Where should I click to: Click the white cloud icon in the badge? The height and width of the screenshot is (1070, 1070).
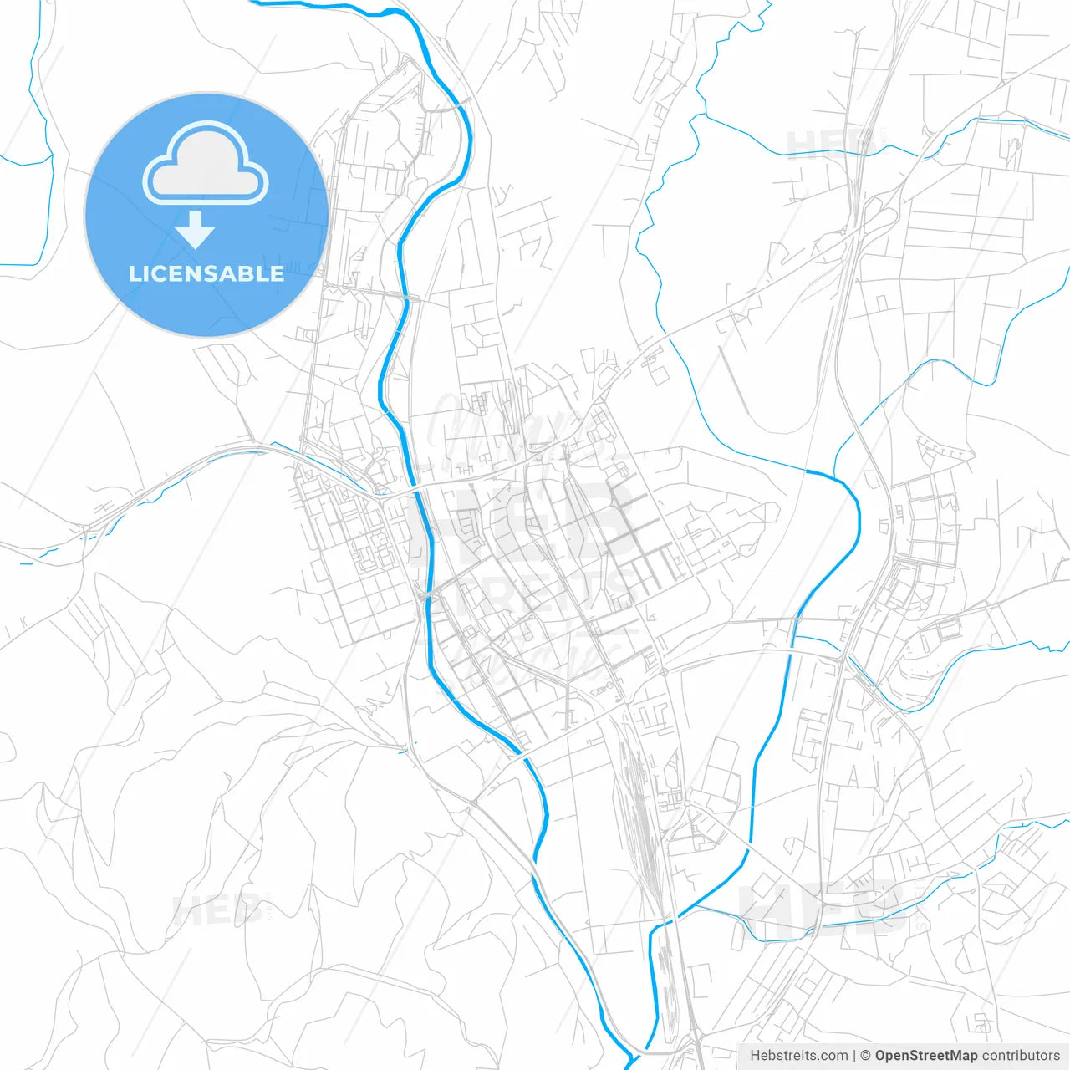click(x=206, y=163)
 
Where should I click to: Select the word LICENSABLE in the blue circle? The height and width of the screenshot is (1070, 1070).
click(x=206, y=273)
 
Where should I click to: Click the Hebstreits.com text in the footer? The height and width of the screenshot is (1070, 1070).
click(x=798, y=1056)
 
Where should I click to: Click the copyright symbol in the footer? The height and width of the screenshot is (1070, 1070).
click(x=866, y=1056)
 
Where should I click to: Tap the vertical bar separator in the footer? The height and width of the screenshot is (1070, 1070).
click(x=854, y=1056)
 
